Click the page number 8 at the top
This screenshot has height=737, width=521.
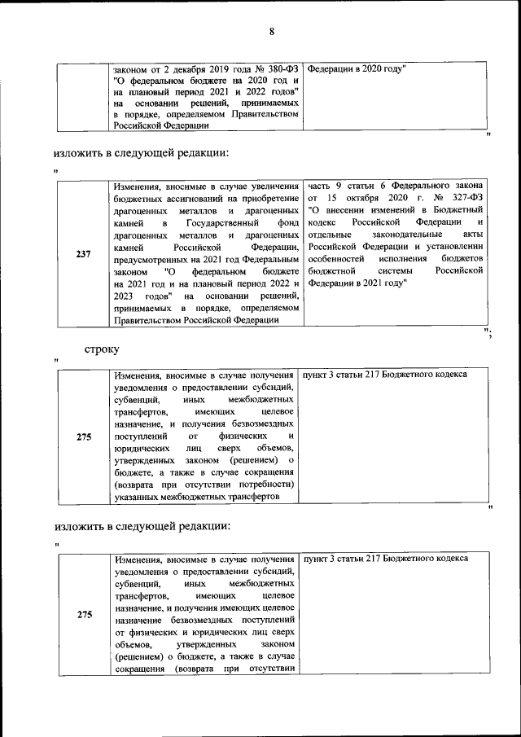point(273,32)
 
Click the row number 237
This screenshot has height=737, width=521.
point(83,253)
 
